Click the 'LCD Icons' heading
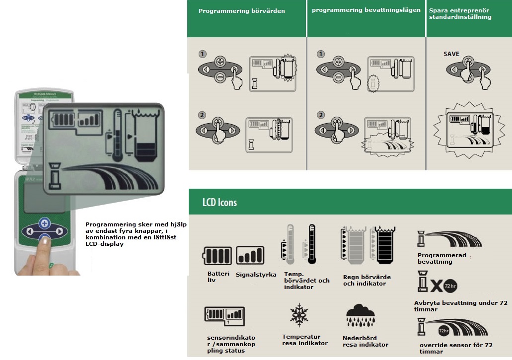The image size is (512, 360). pos(219,202)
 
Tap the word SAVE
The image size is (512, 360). pos(451,54)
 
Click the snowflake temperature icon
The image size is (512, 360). pos(299,315)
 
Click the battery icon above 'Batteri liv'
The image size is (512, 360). pos(218,256)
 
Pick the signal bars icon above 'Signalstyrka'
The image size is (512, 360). pos(250,255)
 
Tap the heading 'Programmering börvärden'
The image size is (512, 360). pos(242,11)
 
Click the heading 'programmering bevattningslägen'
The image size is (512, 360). pos(366,10)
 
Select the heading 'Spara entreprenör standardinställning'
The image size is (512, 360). pos(460,13)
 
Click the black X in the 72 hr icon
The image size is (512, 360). pos(436,287)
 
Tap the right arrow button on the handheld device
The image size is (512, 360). pos(60,231)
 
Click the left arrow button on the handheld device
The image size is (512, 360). pos(30,231)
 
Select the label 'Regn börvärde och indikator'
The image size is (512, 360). pos(366,280)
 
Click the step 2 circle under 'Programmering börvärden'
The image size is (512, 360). pos(202,115)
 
